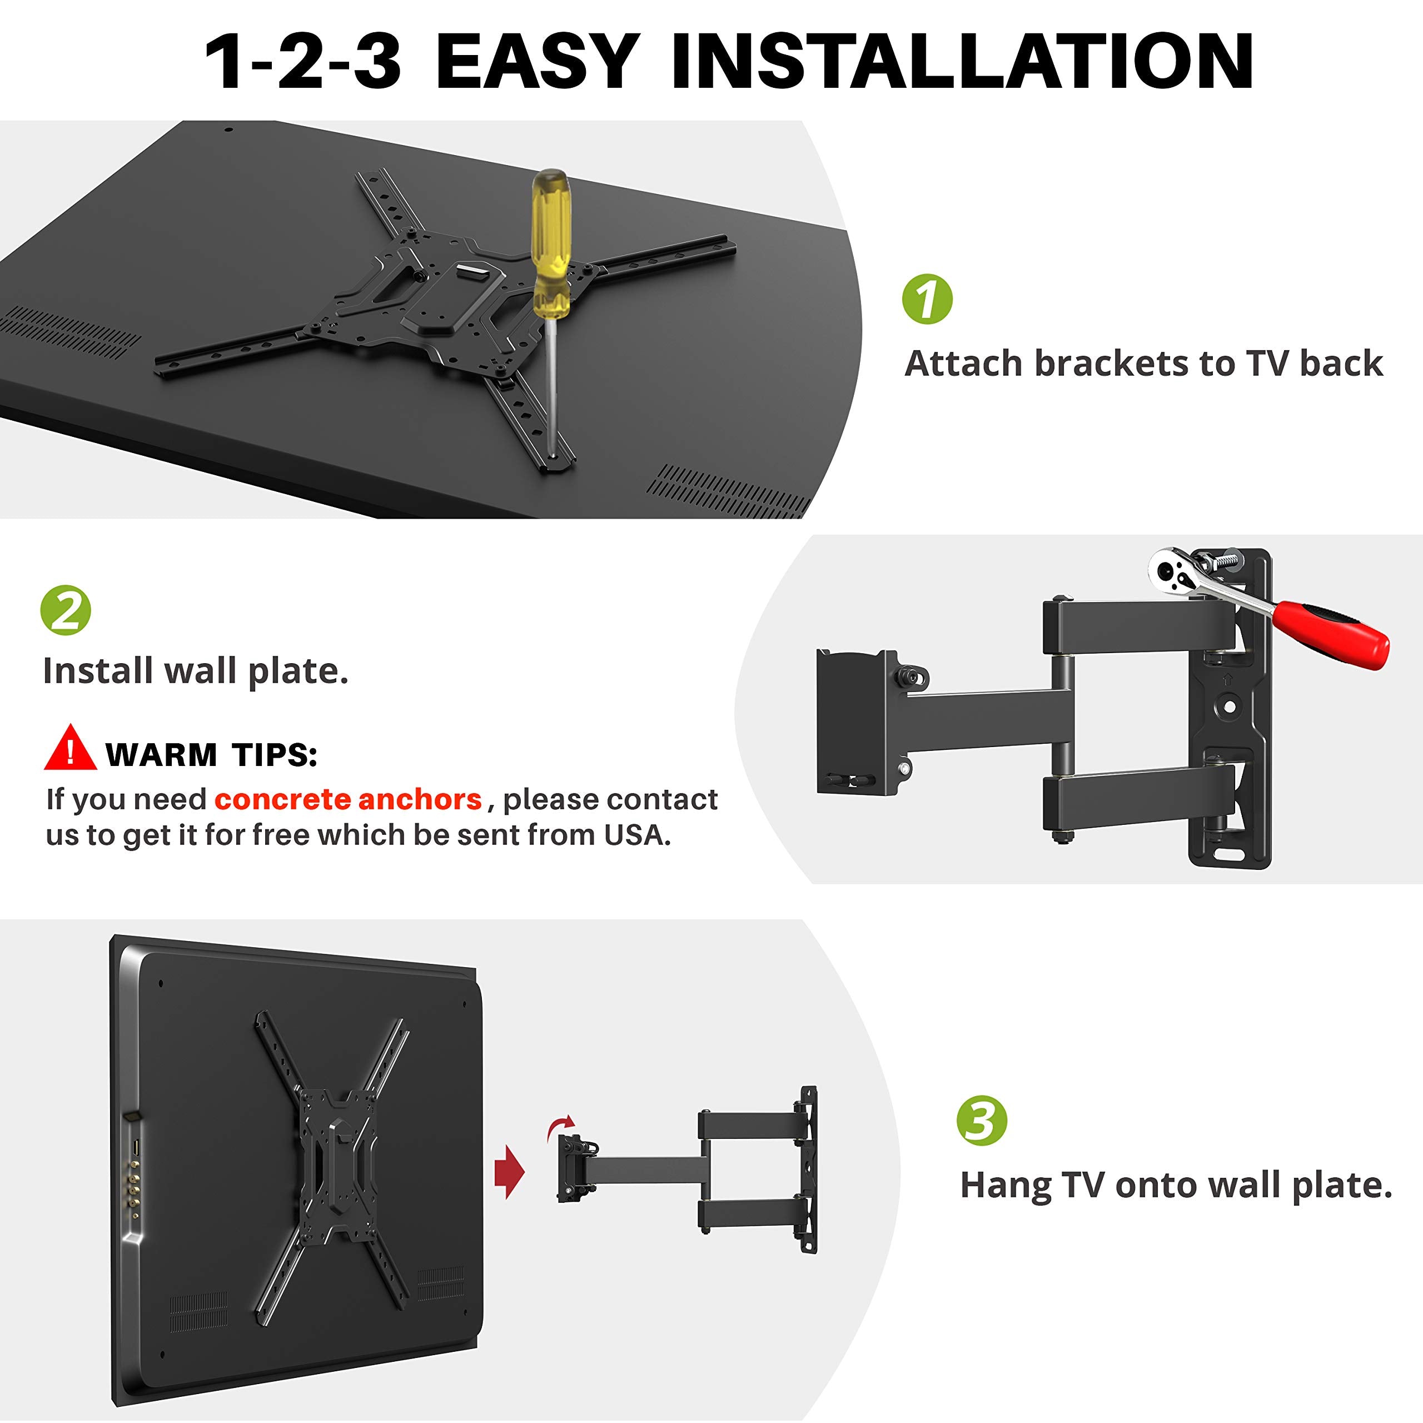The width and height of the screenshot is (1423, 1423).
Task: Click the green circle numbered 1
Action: point(927,299)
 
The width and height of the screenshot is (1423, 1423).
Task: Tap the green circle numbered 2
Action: point(66,610)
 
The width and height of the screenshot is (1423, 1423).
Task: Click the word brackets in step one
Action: point(1112,364)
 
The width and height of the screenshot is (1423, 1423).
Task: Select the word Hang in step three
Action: point(1006,1185)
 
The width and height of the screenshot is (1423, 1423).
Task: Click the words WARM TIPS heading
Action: point(211,755)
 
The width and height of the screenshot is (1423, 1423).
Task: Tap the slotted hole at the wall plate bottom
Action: point(1228,854)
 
